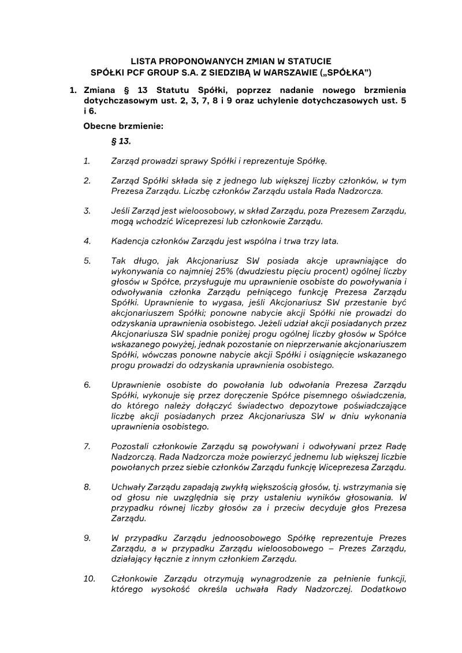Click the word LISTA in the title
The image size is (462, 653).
(x=144, y=61)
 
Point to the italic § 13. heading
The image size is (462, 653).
(x=121, y=141)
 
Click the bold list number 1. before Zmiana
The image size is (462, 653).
(x=73, y=91)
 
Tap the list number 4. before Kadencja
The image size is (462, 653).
(x=87, y=241)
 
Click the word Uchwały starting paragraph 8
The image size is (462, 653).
(x=128, y=487)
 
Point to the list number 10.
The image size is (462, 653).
(x=90, y=579)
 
